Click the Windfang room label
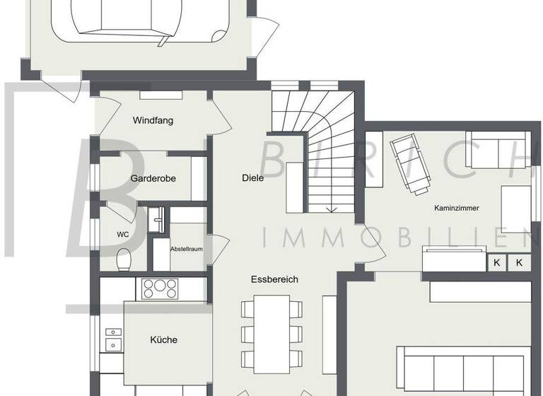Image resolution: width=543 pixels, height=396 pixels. [153, 120]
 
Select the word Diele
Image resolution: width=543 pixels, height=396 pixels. [252, 178]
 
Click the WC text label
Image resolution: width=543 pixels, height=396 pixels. [122, 234]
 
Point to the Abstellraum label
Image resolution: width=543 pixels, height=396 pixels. [186, 250]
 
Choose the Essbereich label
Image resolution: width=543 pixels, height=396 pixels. [274, 279]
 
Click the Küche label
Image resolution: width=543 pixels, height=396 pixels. [163, 339]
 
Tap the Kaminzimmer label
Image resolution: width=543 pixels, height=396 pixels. [457, 208]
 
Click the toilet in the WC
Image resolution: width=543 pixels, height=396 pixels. [123, 259]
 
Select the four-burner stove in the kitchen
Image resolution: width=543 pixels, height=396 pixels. [160, 288]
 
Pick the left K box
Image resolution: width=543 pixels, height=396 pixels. [496, 262]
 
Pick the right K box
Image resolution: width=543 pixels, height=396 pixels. [520, 262]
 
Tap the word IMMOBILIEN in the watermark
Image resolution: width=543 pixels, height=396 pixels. [396, 237]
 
